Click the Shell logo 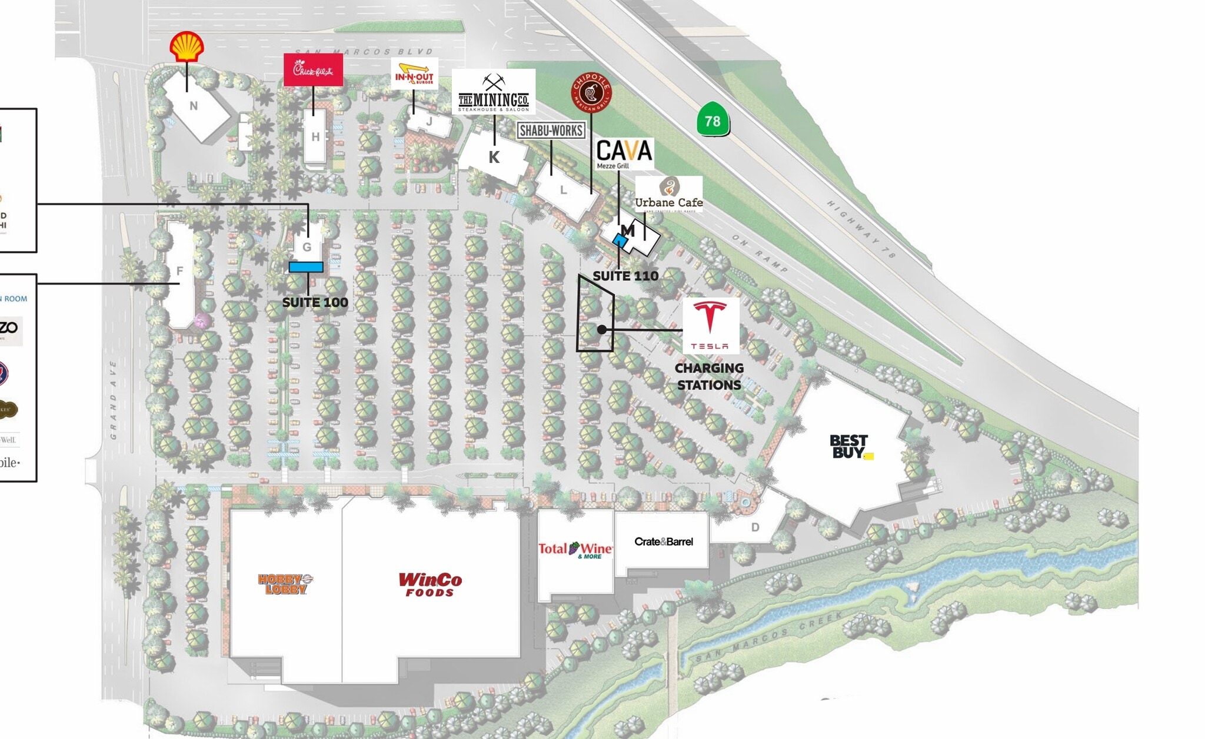point(187,46)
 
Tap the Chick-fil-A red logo point(313,70)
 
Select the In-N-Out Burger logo point(414,74)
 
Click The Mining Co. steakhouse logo point(493,93)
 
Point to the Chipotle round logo point(591,92)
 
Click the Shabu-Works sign point(551,131)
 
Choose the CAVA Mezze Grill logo point(624,153)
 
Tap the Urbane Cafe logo point(668,195)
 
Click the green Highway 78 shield point(713,120)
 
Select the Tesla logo point(710,325)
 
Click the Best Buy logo point(850,447)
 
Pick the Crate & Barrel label point(663,541)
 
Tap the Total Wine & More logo point(575,550)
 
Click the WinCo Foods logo point(430,584)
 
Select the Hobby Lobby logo point(285,584)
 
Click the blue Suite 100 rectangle point(306,267)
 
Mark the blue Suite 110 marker point(620,240)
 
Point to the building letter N point(194,106)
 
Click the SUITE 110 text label point(625,276)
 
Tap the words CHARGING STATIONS point(709,376)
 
